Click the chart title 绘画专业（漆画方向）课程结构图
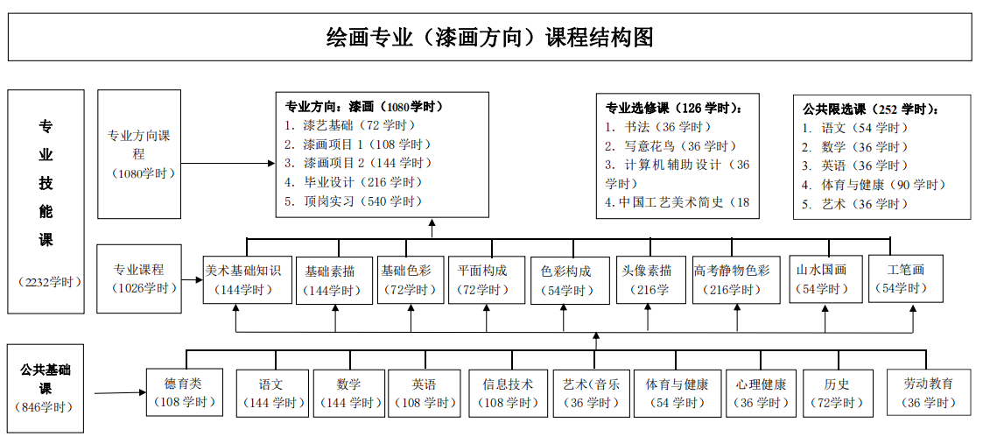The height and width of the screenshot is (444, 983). (x=490, y=37)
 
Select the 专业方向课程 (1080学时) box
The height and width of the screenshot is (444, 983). (x=138, y=154)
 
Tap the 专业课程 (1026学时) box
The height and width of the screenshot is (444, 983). (x=139, y=278)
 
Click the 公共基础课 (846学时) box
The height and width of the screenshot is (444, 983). (x=46, y=388)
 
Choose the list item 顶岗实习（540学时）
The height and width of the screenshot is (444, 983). (x=353, y=201)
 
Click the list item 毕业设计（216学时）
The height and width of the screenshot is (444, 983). (x=353, y=182)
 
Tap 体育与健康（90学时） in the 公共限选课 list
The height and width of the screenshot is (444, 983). (x=874, y=185)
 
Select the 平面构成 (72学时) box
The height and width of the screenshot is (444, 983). (x=487, y=279)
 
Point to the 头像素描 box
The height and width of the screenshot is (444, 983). (x=648, y=279)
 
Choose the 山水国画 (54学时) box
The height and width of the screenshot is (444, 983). (x=822, y=278)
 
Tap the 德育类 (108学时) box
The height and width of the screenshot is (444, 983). (x=185, y=392)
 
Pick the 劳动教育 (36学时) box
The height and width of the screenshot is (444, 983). (x=929, y=392)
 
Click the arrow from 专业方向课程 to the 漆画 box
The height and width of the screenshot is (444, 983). (x=228, y=163)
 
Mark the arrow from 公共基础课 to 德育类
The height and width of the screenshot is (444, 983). (x=121, y=393)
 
